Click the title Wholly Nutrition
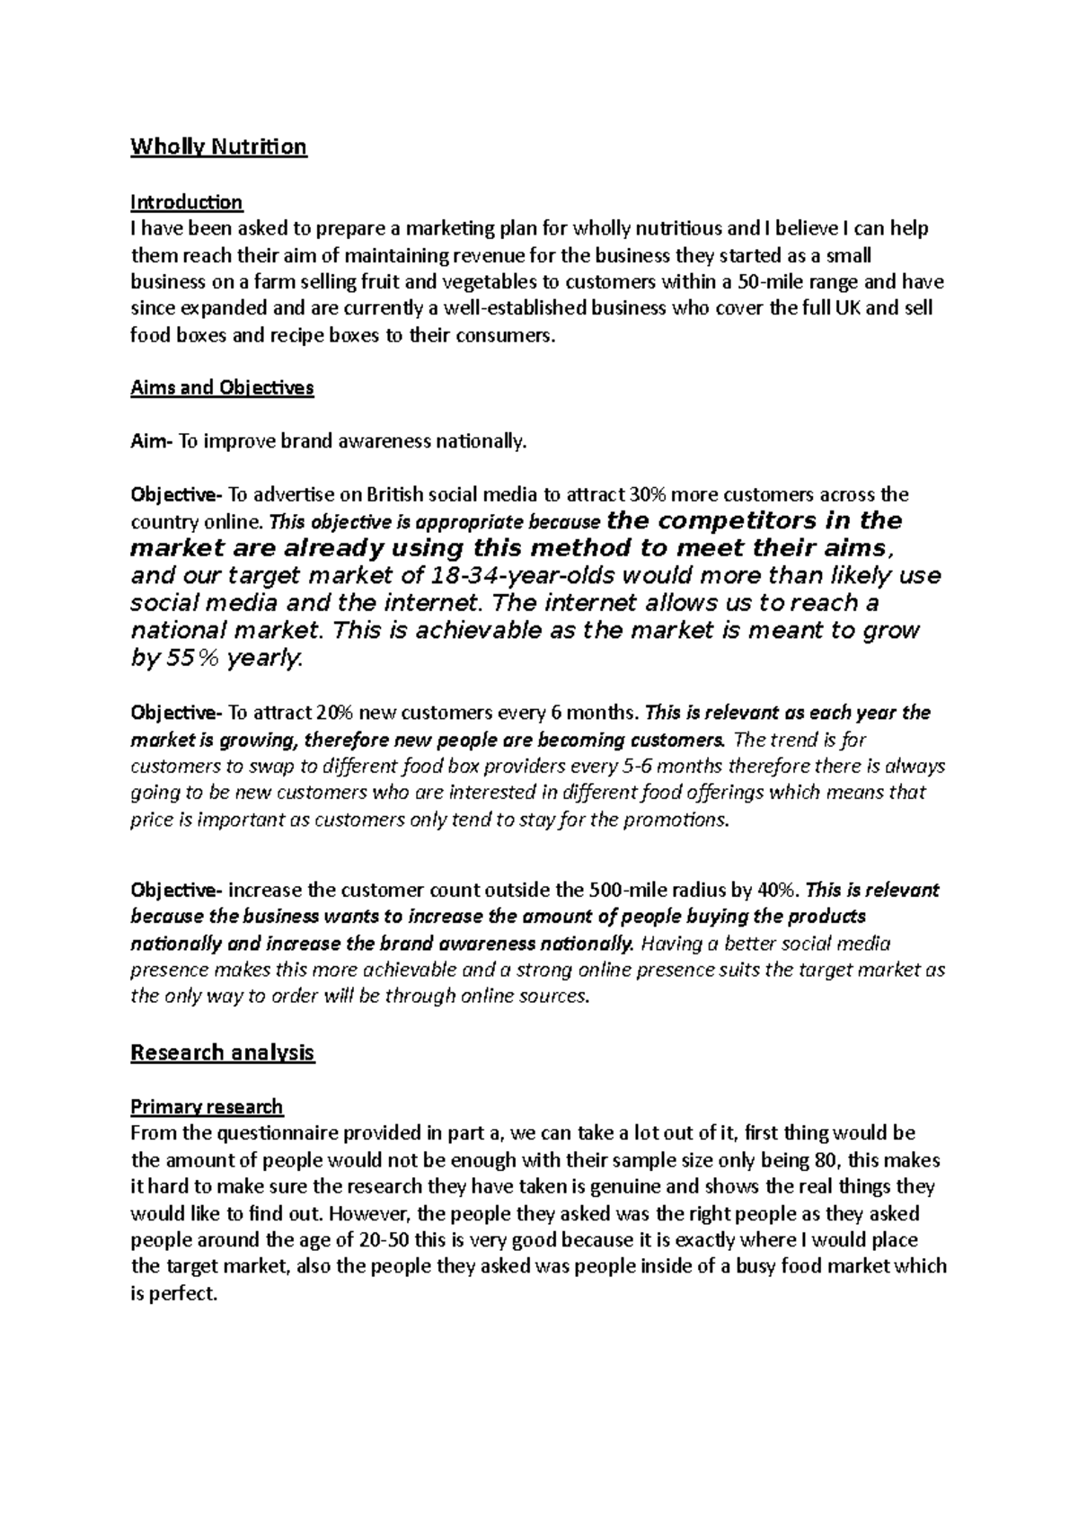pyautogui.click(x=218, y=146)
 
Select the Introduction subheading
pyautogui.click(x=186, y=201)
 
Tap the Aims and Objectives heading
pyautogui.click(x=222, y=388)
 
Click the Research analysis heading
pyautogui.click(x=222, y=1052)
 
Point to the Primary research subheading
pyautogui.click(x=207, y=1106)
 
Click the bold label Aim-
pyautogui.click(x=151, y=441)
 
